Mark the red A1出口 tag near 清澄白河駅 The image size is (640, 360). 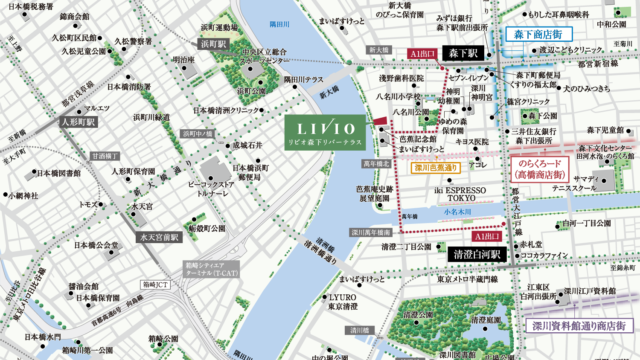[485, 236]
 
